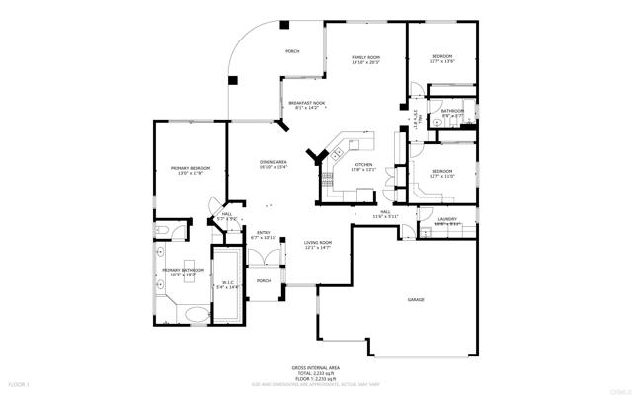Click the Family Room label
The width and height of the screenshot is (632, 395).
[366, 58]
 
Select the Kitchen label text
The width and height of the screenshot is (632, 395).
[363, 164]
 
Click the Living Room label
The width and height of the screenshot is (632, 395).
[317, 243]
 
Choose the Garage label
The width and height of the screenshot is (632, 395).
[417, 298]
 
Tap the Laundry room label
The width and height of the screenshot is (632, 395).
[447, 221]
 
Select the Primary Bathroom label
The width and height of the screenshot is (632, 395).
[184, 270]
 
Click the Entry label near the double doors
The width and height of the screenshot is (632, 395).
[265, 234]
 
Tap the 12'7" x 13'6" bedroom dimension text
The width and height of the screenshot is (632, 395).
[441, 60]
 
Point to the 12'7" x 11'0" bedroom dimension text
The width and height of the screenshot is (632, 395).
[441, 176]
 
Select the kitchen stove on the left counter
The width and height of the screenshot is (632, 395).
[326, 179]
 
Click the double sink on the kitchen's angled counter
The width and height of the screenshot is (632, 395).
[338, 151]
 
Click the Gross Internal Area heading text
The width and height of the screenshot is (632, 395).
[315, 365]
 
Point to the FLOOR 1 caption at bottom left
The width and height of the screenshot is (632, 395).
[20, 382]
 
